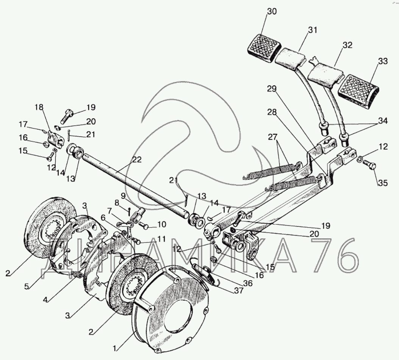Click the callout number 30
271,12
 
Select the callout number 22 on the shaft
137,160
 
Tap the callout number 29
271,89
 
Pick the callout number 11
162,239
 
